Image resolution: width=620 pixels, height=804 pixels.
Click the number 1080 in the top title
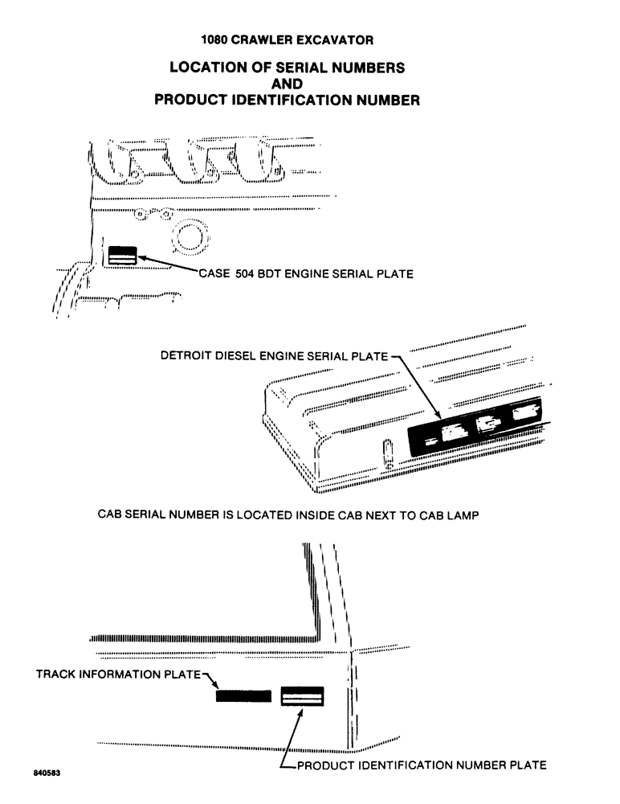coord(216,39)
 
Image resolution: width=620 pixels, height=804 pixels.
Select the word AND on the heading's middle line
coord(287,84)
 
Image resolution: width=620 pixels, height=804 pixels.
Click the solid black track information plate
coord(243,696)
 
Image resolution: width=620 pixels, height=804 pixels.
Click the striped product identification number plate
coord(302,696)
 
